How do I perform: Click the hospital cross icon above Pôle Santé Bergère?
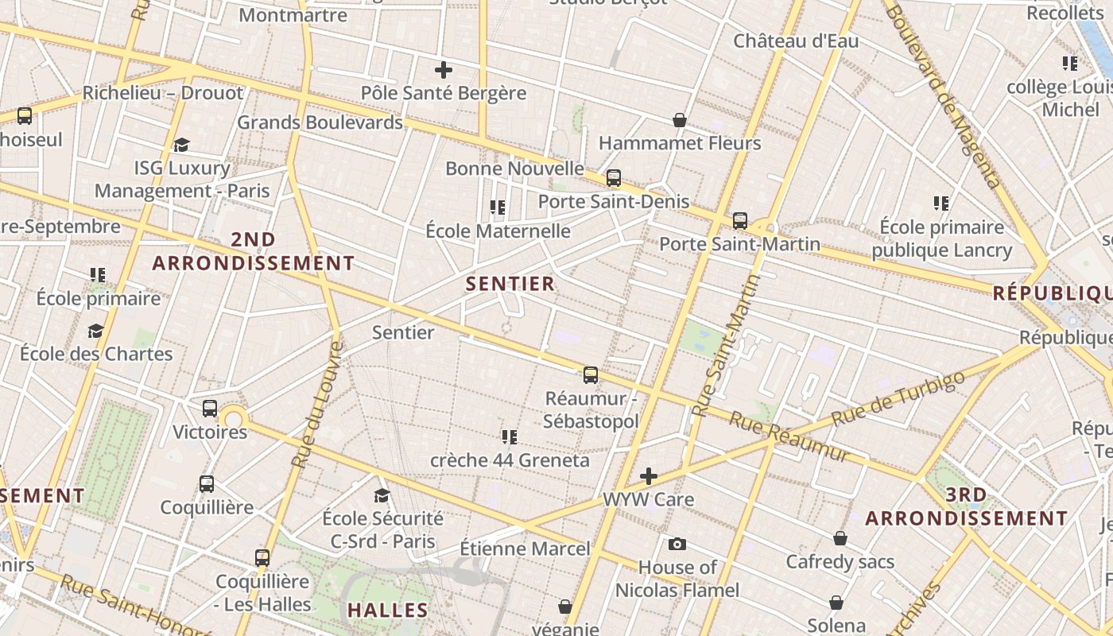pyautogui.click(x=444, y=70)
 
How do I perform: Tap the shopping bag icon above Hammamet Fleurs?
pyautogui.click(x=680, y=120)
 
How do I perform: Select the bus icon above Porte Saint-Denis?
pyautogui.click(x=614, y=178)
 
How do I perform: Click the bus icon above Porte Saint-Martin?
pyautogui.click(x=740, y=220)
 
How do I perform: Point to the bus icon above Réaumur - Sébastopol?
pyautogui.click(x=591, y=374)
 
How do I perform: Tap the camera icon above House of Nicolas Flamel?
pyautogui.click(x=677, y=544)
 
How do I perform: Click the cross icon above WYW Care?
pyautogui.click(x=649, y=476)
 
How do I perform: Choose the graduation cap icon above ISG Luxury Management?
pyautogui.click(x=182, y=145)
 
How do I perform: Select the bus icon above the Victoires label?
pyautogui.click(x=210, y=409)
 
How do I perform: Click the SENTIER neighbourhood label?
pyautogui.click(x=510, y=284)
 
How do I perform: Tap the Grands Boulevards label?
pyautogui.click(x=320, y=122)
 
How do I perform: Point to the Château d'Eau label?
pyautogui.click(x=796, y=41)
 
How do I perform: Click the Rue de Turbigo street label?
pyautogui.click(x=898, y=397)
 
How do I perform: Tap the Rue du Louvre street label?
pyautogui.click(x=317, y=405)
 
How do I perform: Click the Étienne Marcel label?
pyautogui.click(x=525, y=549)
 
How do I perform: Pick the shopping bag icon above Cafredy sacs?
pyautogui.click(x=840, y=538)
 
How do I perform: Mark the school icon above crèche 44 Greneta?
pyautogui.click(x=510, y=436)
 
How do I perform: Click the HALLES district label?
pyautogui.click(x=388, y=611)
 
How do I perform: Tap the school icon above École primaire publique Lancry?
pyautogui.click(x=942, y=204)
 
